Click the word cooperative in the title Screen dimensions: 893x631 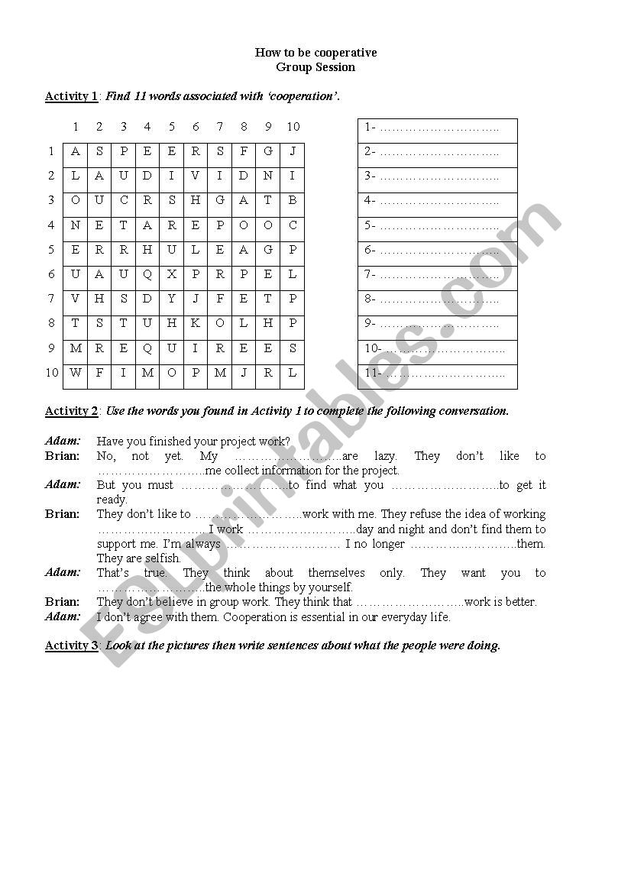pyautogui.click(x=342, y=53)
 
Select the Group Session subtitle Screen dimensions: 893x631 pyautogui.click(x=315, y=67)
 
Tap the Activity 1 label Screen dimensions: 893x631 pyautogui.click(x=71, y=96)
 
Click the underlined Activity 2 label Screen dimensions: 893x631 pyautogui.click(x=71, y=411)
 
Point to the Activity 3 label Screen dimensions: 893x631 pyautogui.click(x=71, y=645)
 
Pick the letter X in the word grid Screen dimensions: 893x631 pyautogui.click(x=172, y=274)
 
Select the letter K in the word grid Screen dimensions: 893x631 pyautogui.click(x=196, y=323)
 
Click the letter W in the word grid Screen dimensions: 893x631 pyautogui.click(x=75, y=373)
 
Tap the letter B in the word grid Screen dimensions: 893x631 pyautogui.click(x=293, y=200)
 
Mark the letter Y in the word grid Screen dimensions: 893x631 pyautogui.click(x=172, y=299)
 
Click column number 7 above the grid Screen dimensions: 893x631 pyautogui.click(x=220, y=127)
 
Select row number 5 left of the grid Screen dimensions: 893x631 pyautogui.click(x=52, y=250)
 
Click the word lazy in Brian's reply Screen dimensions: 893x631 pyautogui.click(x=386, y=456)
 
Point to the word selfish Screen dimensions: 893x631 pyautogui.click(x=160, y=558)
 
